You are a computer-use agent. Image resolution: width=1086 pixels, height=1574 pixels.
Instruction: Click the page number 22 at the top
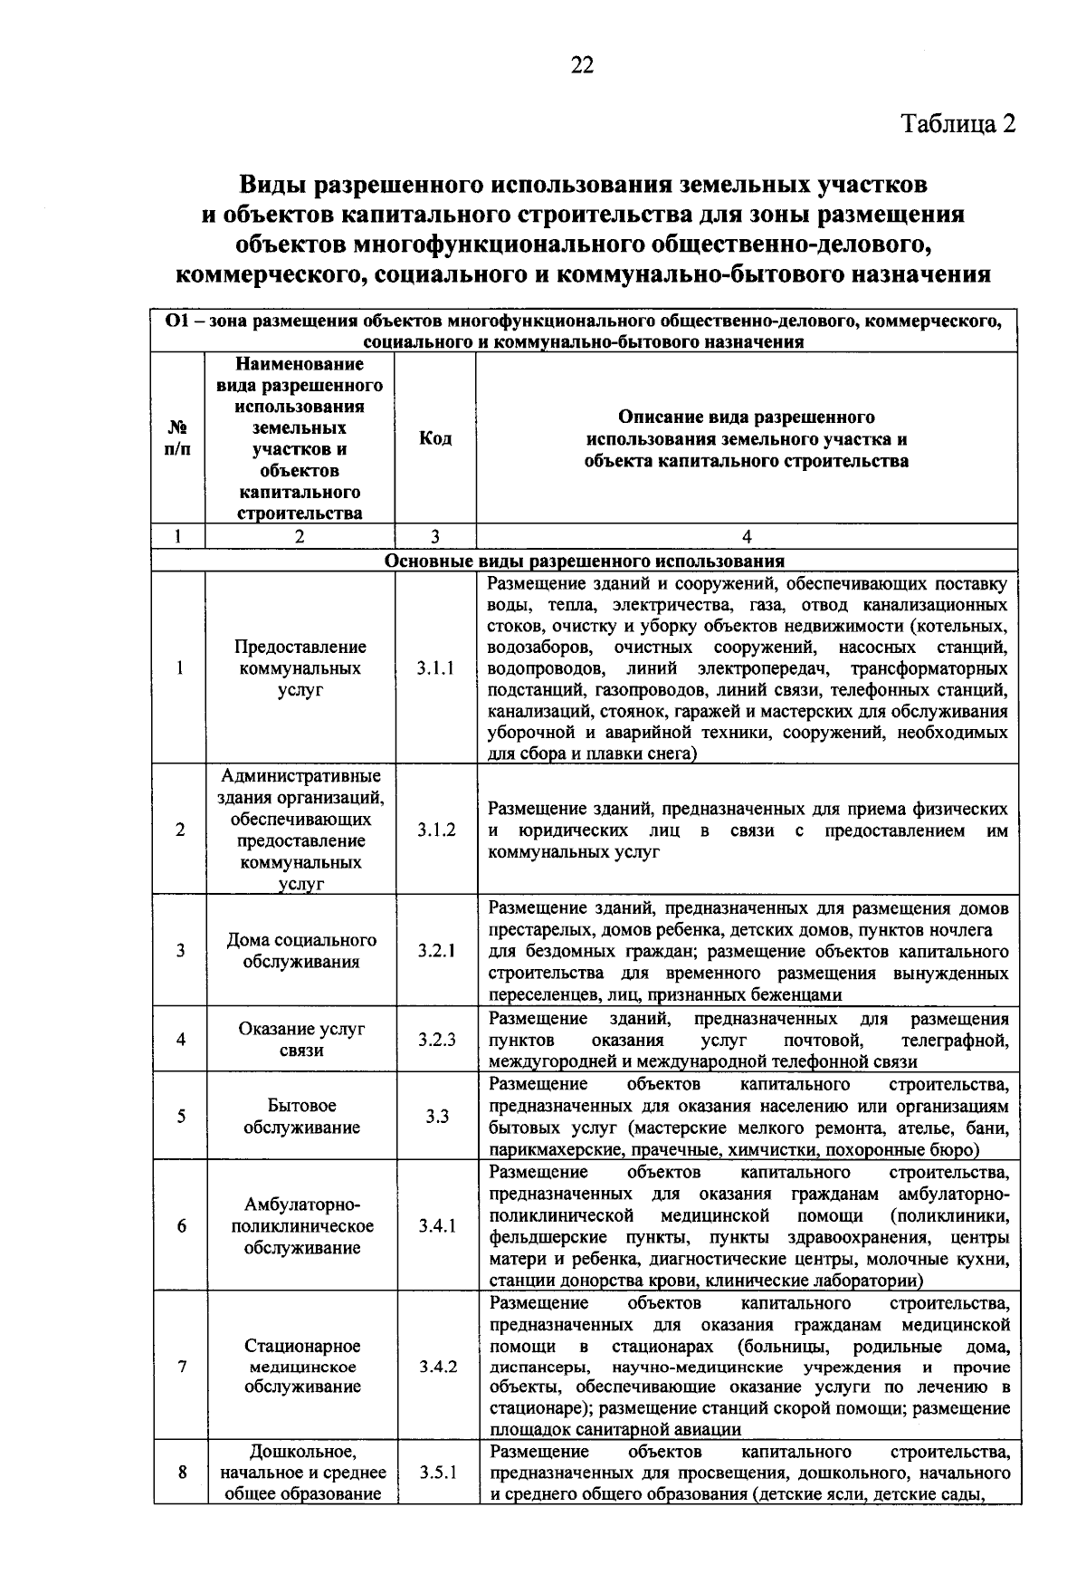582,64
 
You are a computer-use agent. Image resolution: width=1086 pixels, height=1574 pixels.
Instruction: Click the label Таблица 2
957,123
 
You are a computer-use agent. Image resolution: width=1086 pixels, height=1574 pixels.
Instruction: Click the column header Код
435,438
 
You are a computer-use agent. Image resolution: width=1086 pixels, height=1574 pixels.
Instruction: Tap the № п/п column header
178,438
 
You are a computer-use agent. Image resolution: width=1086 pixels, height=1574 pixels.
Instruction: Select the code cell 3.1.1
436,668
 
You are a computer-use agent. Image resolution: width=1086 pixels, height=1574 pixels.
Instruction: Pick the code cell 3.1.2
436,830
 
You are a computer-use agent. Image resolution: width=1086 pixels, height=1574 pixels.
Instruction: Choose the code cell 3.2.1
436,951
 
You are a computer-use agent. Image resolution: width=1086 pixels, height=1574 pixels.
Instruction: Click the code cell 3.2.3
436,1040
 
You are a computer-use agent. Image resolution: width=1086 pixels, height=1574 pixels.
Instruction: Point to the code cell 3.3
437,1117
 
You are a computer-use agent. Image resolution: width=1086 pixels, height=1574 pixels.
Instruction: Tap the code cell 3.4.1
437,1226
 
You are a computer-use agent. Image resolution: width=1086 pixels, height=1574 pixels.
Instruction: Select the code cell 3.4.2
438,1366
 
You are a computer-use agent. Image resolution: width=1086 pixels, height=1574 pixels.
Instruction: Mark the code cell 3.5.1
438,1473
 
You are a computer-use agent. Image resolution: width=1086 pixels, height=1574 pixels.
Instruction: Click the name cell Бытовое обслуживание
301,1117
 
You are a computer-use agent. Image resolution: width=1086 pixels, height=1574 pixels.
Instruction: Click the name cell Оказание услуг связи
301,1040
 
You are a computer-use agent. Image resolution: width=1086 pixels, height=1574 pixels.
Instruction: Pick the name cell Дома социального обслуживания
301,951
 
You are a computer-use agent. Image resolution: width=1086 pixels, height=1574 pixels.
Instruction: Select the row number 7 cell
182,1366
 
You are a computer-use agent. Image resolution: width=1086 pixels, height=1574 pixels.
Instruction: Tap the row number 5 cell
181,1117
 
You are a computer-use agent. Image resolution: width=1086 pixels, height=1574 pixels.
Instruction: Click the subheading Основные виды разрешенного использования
585,560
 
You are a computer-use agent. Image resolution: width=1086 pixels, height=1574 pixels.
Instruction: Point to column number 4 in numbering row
747,536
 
